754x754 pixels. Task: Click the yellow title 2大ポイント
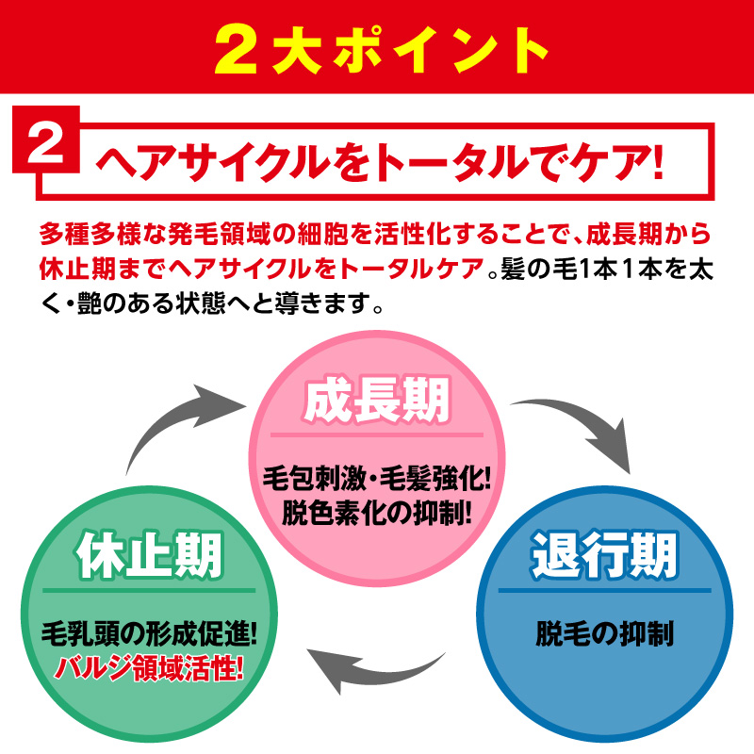[382, 50]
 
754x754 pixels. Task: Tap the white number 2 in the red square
[45, 140]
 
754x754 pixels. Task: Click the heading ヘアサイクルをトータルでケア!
[381, 162]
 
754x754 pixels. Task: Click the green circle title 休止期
[149, 555]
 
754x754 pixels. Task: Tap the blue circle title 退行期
[604, 555]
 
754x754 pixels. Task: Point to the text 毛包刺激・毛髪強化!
[377, 479]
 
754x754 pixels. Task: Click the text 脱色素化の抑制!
[377, 513]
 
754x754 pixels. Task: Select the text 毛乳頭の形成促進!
[149, 633]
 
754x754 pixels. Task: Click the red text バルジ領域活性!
[149, 668]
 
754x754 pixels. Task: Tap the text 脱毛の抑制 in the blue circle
[604, 633]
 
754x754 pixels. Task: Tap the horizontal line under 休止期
[149, 591]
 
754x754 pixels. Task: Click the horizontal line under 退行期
[604, 591]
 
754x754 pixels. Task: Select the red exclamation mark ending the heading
[658, 163]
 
